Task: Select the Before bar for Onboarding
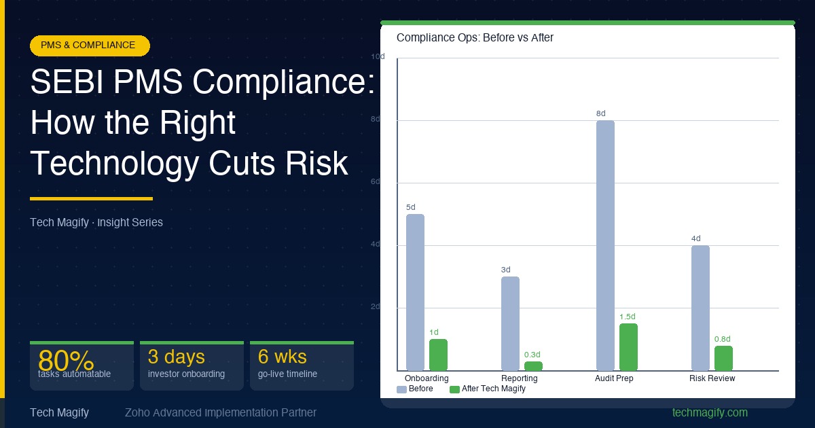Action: coord(415,292)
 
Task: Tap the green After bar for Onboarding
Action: coord(438,355)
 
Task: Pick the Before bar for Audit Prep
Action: coord(605,245)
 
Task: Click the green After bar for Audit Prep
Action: coord(628,347)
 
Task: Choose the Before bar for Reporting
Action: coord(510,323)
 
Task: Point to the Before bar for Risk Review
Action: coord(700,308)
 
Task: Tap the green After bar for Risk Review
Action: coord(723,358)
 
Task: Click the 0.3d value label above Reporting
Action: coord(532,355)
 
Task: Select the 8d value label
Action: coord(600,113)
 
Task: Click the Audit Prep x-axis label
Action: coord(614,378)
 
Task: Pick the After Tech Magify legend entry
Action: coord(488,389)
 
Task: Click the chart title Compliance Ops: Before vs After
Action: coord(475,38)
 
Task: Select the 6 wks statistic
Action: coord(282,357)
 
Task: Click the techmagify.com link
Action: coord(710,412)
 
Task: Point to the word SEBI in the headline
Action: coord(66,84)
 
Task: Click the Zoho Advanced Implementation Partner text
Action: coord(221,412)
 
